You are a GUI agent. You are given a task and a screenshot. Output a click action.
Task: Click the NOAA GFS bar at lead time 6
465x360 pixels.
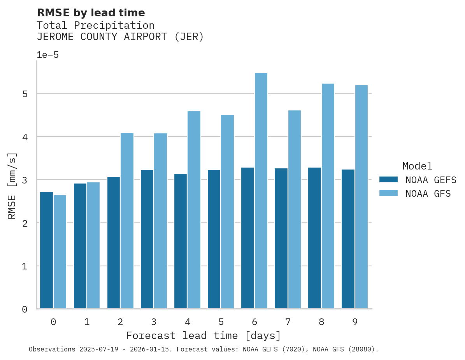[261, 191]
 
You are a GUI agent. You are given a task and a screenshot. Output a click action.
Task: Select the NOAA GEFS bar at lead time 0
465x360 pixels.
[46, 250]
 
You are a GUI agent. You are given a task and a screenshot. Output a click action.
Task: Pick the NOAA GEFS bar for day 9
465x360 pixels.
[348, 239]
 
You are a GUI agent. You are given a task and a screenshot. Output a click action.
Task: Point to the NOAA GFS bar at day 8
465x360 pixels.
[328, 196]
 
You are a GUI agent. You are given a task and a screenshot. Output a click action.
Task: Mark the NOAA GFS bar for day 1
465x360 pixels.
[93, 245]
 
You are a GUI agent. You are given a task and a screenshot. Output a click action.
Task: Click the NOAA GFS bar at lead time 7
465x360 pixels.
[294, 210]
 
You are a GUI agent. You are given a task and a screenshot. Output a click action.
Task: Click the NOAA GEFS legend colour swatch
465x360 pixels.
[388, 180]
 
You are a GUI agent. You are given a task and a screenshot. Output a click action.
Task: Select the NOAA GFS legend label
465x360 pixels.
[428, 194]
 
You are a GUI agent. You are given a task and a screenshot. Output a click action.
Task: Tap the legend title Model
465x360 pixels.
[417, 166]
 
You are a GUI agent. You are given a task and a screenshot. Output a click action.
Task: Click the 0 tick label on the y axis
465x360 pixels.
[24, 309]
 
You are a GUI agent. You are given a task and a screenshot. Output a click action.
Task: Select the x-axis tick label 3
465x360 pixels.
[154, 322]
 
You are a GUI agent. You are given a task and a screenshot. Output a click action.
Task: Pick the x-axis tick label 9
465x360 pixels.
[355, 322]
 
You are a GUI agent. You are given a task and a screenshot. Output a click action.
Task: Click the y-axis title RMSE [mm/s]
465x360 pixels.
[12, 185]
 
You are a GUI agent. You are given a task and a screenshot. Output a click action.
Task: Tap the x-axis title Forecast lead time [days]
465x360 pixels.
[203, 336]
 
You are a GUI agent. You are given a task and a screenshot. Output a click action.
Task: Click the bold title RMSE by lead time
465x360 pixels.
[91, 13]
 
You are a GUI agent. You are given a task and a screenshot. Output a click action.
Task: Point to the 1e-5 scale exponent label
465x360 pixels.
[47, 55]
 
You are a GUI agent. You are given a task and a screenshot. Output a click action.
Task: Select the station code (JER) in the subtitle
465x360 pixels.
[189, 37]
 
